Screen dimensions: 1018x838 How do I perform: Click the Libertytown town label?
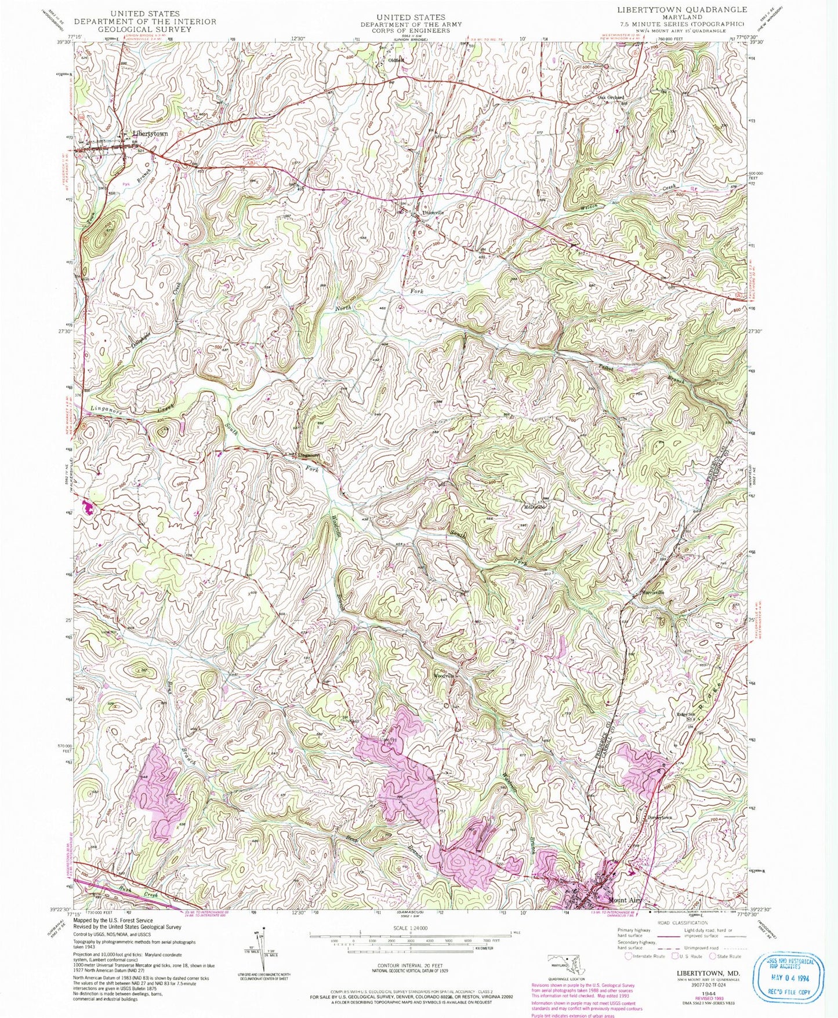pos(150,133)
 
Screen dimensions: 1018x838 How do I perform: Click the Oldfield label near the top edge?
pos(396,60)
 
